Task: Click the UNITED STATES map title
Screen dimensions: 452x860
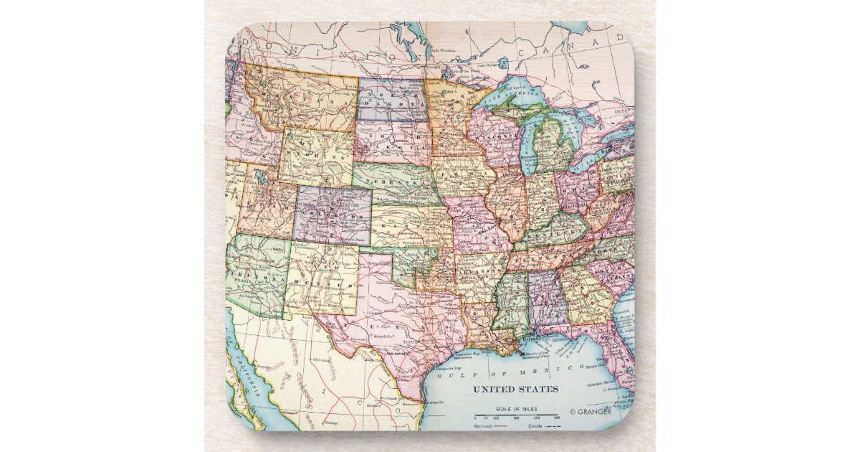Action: point(515,389)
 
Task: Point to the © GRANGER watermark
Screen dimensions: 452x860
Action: point(591,412)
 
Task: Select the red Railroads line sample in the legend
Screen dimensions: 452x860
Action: point(496,425)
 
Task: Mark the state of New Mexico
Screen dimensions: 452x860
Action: point(322,280)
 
